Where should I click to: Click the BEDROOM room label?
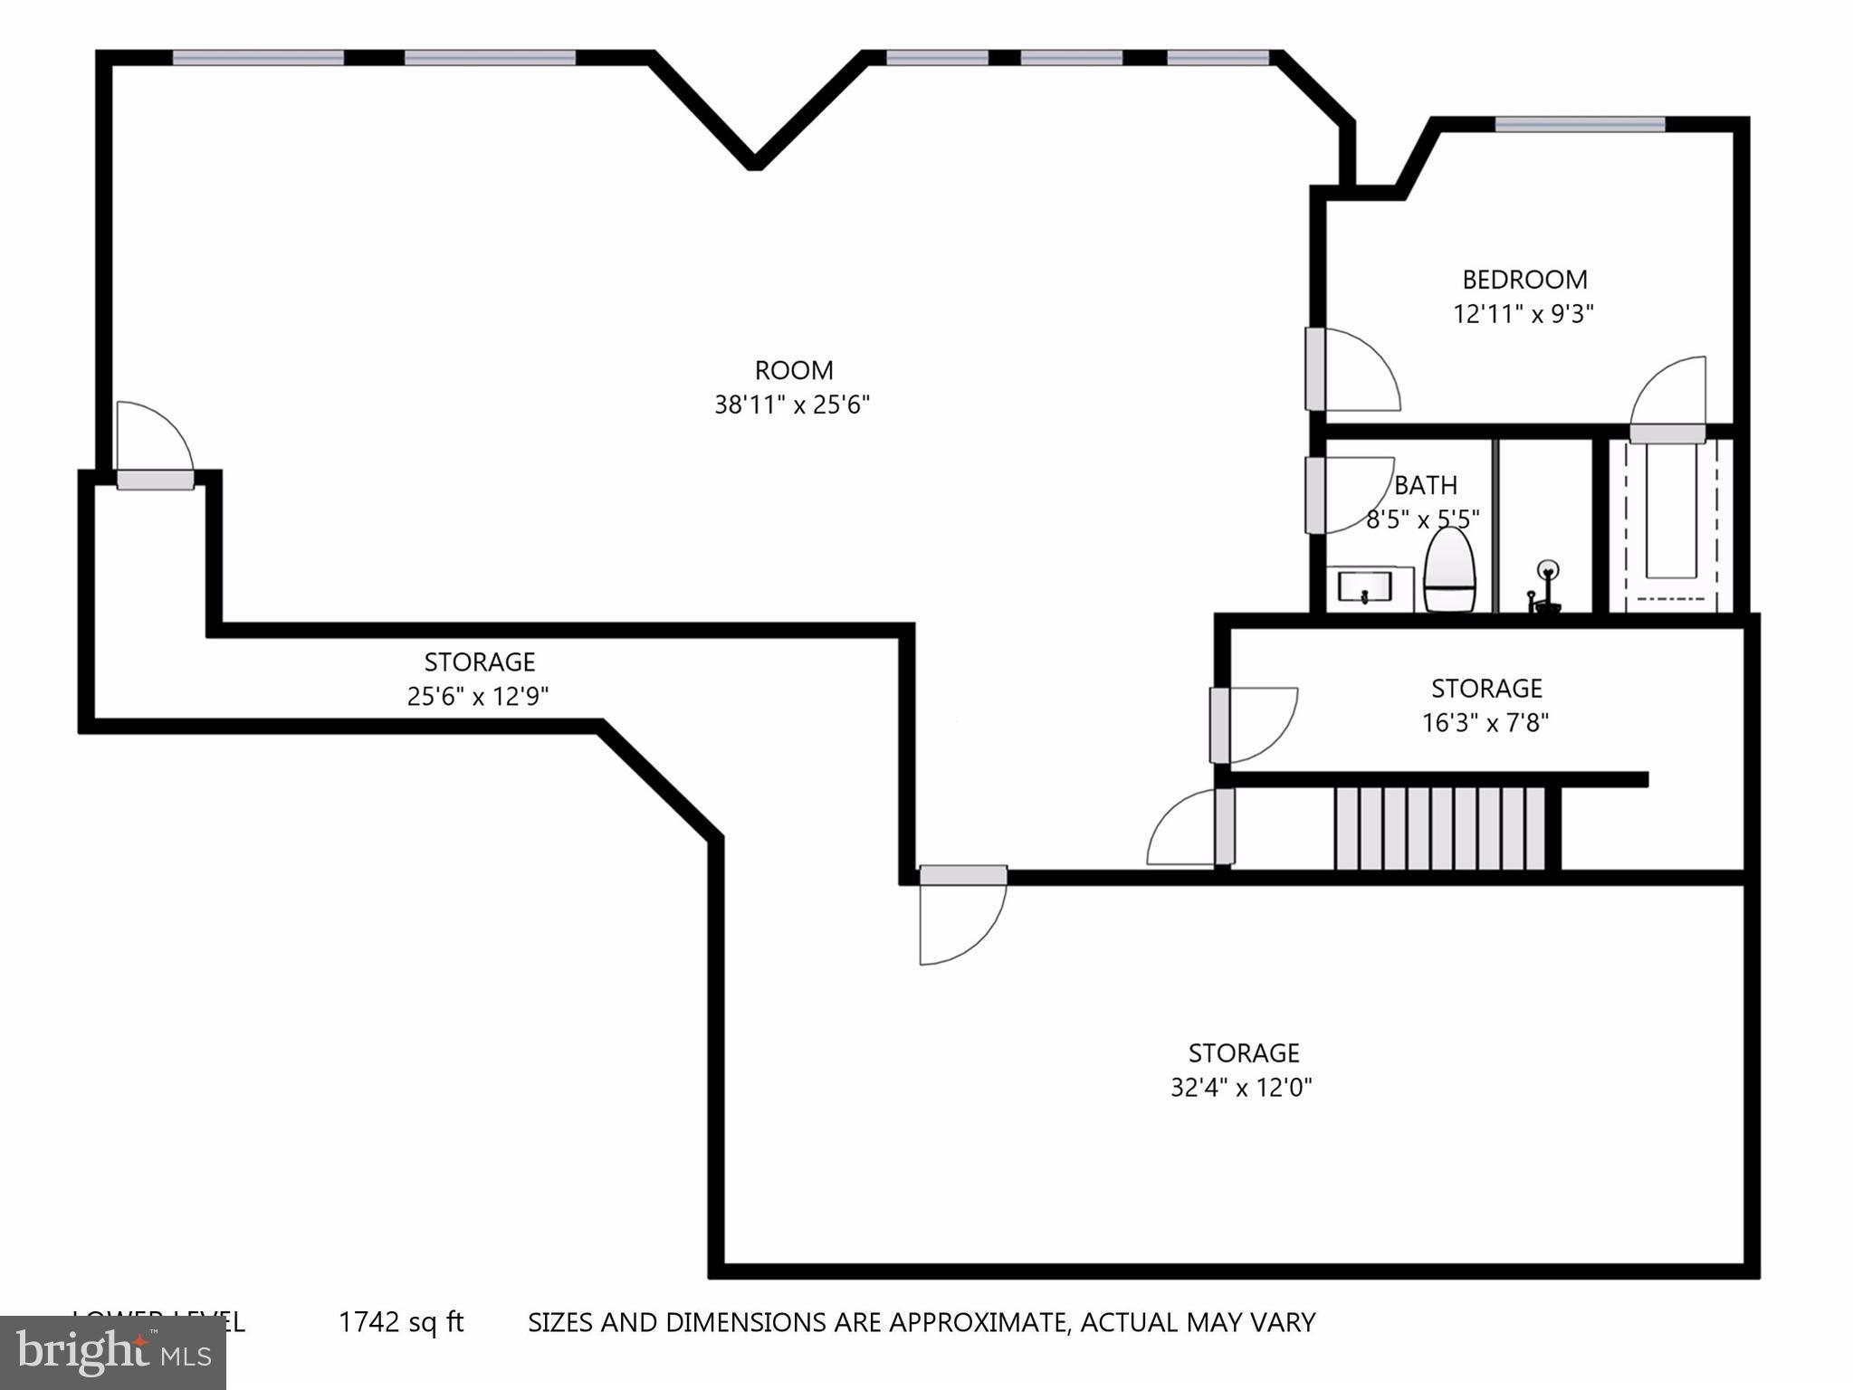coord(1524,280)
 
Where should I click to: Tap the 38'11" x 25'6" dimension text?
coord(792,405)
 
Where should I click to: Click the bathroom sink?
coord(1364,587)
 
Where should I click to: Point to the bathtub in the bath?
coord(1670,523)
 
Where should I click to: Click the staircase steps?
coord(1439,828)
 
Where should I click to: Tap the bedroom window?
coord(1580,125)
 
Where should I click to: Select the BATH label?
coord(1425,486)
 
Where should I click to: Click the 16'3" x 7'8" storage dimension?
coord(1485,723)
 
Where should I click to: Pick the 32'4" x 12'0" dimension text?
coord(1241,1087)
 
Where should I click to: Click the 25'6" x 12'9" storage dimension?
coord(478,696)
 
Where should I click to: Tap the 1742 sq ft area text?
coord(401,1322)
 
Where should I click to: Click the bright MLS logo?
coord(113,1353)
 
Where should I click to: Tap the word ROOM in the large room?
coord(794,370)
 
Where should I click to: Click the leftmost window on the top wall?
coord(258,58)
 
